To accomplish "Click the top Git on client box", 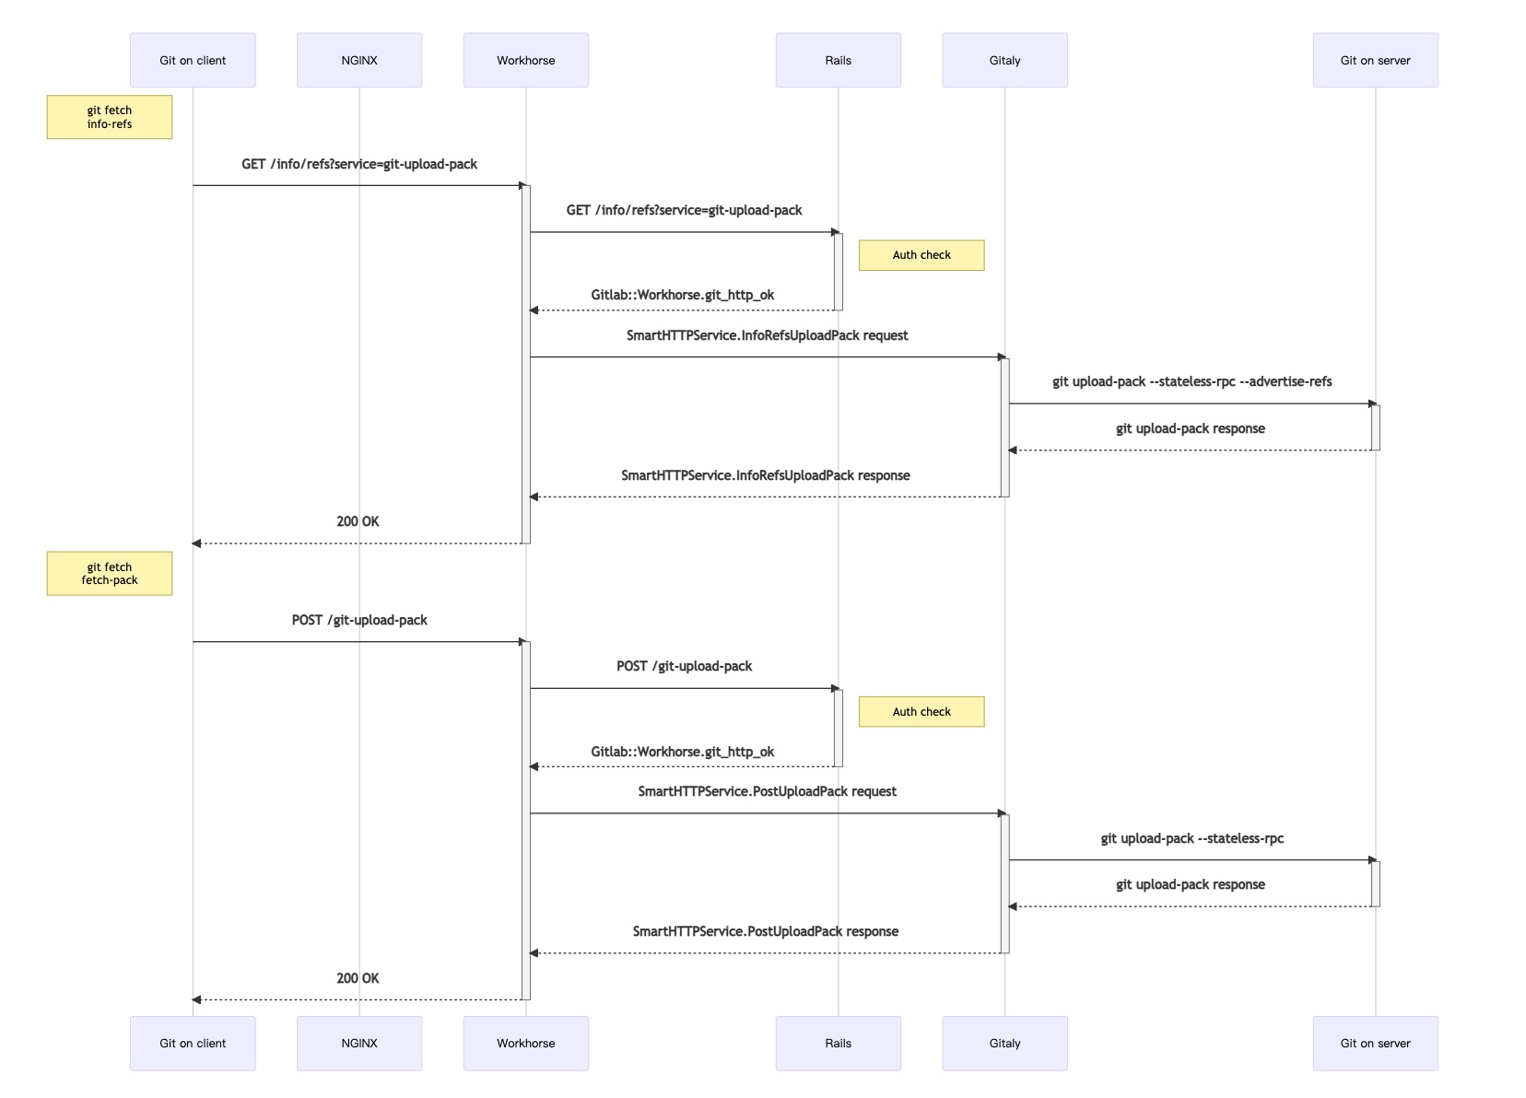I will tap(193, 61).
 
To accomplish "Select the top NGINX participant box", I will tap(359, 61).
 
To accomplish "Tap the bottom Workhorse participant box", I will tap(525, 1043).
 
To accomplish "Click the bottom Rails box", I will tap(838, 1043).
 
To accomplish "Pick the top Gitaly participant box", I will tap(1004, 61).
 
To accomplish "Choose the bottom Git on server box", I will tap(1375, 1043).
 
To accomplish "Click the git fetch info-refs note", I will tap(110, 117).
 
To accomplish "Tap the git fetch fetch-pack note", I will tap(110, 573).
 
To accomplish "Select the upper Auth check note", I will tap(921, 255).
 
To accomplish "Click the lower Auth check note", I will tap(921, 711).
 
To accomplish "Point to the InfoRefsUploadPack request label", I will tap(767, 335).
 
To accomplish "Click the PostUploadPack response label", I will tap(765, 931).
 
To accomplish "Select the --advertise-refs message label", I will tap(1191, 381).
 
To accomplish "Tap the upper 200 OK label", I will tap(358, 521).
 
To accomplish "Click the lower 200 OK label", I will tap(358, 978).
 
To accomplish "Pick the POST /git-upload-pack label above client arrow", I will tap(359, 620).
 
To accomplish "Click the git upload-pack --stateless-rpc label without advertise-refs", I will tap(1191, 838).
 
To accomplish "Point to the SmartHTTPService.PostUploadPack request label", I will tap(767, 791).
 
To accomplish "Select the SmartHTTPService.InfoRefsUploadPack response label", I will tap(765, 475).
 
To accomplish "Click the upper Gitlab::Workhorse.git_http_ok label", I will tap(682, 295).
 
